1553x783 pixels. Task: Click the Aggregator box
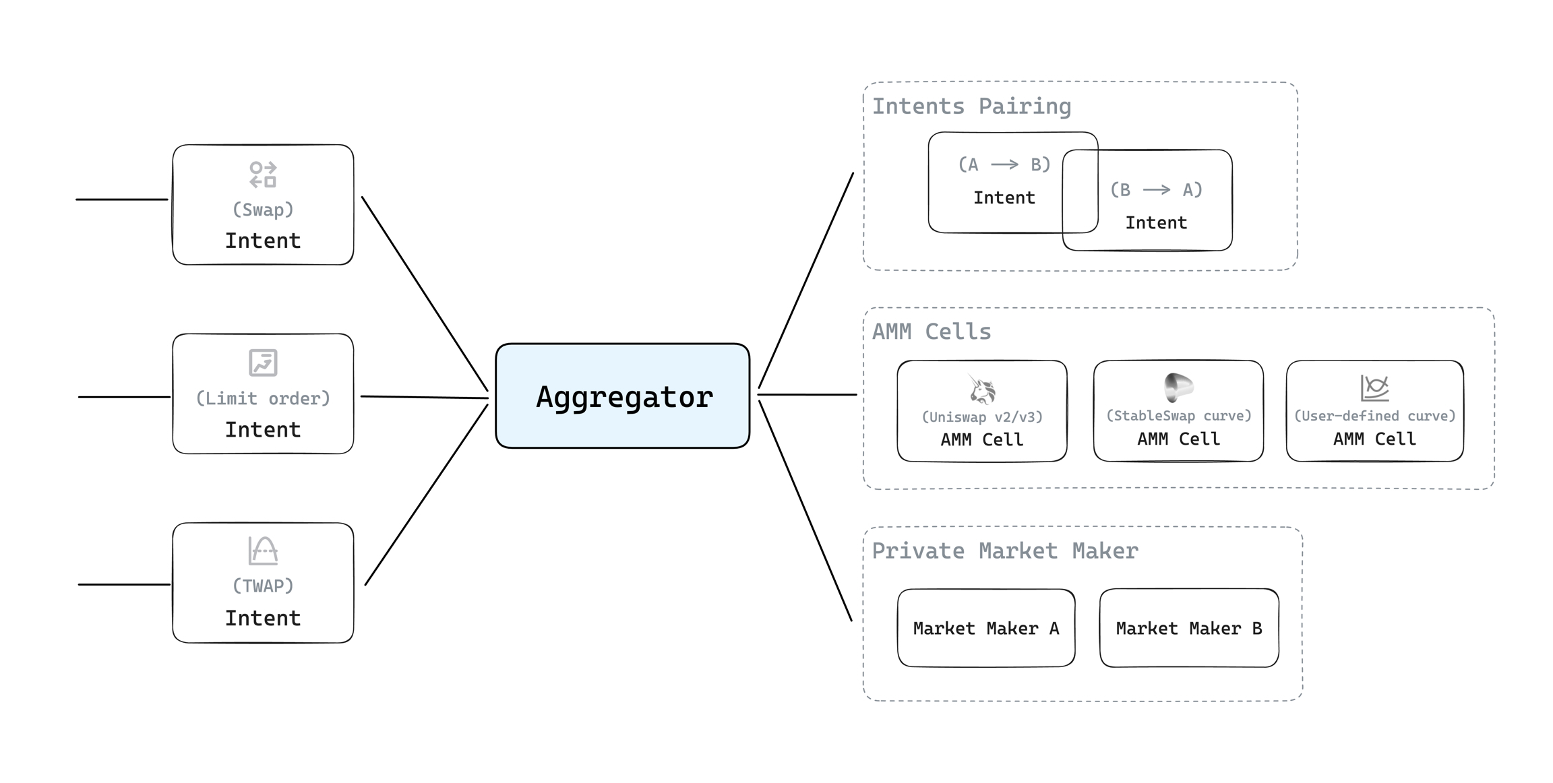tap(622, 396)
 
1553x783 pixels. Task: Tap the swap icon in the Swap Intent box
tap(263, 175)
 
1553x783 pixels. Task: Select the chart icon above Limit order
tap(263, 363)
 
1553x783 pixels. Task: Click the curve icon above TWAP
tap(263, 551)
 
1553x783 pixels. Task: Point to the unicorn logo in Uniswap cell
tap(982, 389)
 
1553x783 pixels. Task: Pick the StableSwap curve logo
tap(1178, 387)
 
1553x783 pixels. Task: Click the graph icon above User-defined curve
tap(1374, 387)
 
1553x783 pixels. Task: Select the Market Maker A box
tap(986, 628)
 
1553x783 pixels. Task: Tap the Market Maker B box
tap(1189, 628)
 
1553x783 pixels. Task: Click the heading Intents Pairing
tap(971, 106)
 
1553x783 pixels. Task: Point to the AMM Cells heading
tap(932, 332)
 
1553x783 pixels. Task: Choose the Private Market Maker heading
tap(1004, 551)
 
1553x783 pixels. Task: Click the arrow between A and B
tap(1004, 164)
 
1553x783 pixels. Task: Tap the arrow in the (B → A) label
tap(1157, 190)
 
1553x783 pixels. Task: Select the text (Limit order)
tap(263, 398)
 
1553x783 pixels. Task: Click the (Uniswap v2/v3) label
tap(982, 417)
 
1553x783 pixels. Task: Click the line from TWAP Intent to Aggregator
tap(426, 495)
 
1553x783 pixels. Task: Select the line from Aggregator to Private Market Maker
tap(805, 510)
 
